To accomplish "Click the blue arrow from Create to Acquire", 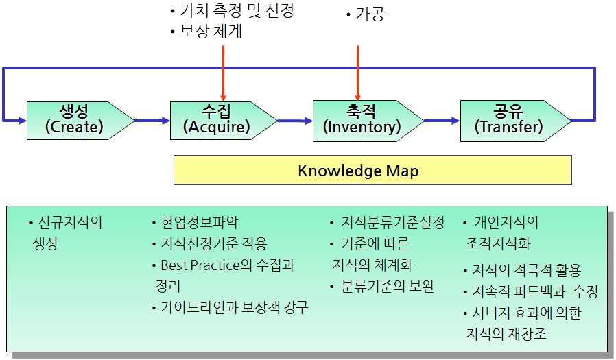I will tap(152, 121).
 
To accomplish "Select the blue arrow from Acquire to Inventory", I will tap(295, 121).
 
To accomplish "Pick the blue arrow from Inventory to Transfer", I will tap(441, 121).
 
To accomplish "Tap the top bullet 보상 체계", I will tap(210, 32).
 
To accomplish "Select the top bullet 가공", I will tap(369, 14).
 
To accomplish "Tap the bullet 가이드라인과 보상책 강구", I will tap(234, 307).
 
